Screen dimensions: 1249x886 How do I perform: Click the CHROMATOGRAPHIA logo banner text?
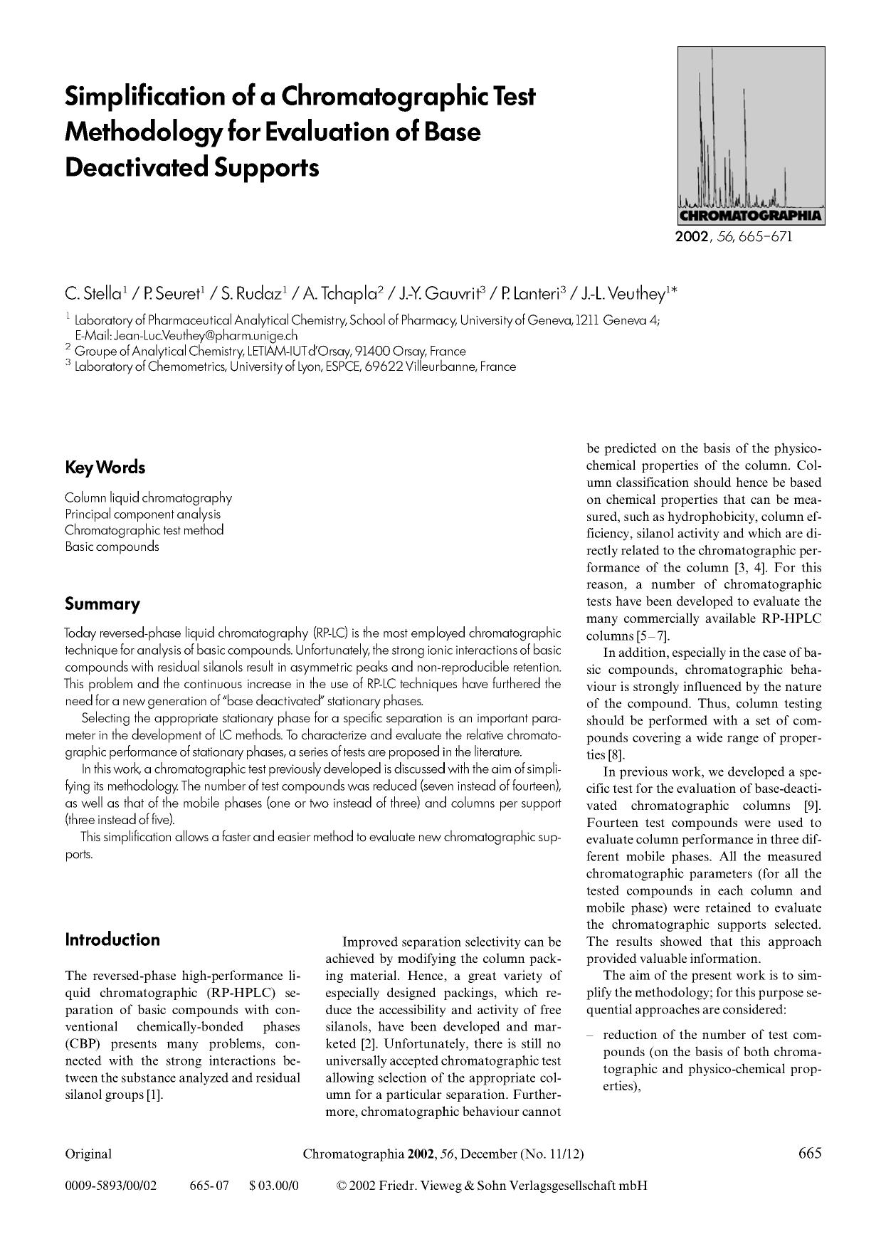(x=751, y=216)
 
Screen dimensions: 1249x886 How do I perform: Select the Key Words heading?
(x=105, y=468)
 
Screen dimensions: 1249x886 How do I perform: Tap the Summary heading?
(x=102, y=604)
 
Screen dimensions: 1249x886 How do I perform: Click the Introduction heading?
(x=112, y=939)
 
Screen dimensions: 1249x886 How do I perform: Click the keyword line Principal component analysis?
(x=142, y=514)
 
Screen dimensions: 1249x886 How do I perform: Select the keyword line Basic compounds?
(x=112, y=547)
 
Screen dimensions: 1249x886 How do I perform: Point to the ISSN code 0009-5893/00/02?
(x=110, y=1186)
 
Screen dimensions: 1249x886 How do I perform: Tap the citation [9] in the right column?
(x=812, y=806)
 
